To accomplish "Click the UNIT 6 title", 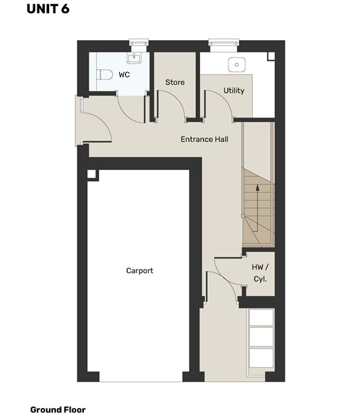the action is coord(48,9).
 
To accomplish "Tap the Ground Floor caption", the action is coord(57,409).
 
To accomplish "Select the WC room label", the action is coord(124,75).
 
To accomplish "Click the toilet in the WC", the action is coord(105,75).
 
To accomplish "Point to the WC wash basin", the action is coord(134,57).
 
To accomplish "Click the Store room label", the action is coord(175,82).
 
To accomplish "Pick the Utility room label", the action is coord(234,91).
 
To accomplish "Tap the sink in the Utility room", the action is coord(237,64).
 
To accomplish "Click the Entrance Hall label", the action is coord(204,139).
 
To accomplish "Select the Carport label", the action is coord(140,270).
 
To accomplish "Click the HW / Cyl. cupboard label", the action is coord(260,273).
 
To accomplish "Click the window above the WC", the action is coord(139,43).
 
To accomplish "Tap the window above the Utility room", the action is coord(224,42).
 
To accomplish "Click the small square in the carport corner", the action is coord(91,174).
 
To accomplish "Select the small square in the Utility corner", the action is coord(271,56).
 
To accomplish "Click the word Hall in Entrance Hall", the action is coord(220,139).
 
